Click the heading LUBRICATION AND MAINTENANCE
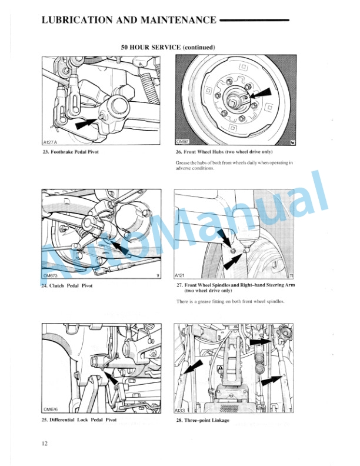(129, 21)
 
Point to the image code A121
(181, 275)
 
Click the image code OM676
(52, 410)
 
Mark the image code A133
(181, 410)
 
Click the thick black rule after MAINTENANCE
(254, 21)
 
